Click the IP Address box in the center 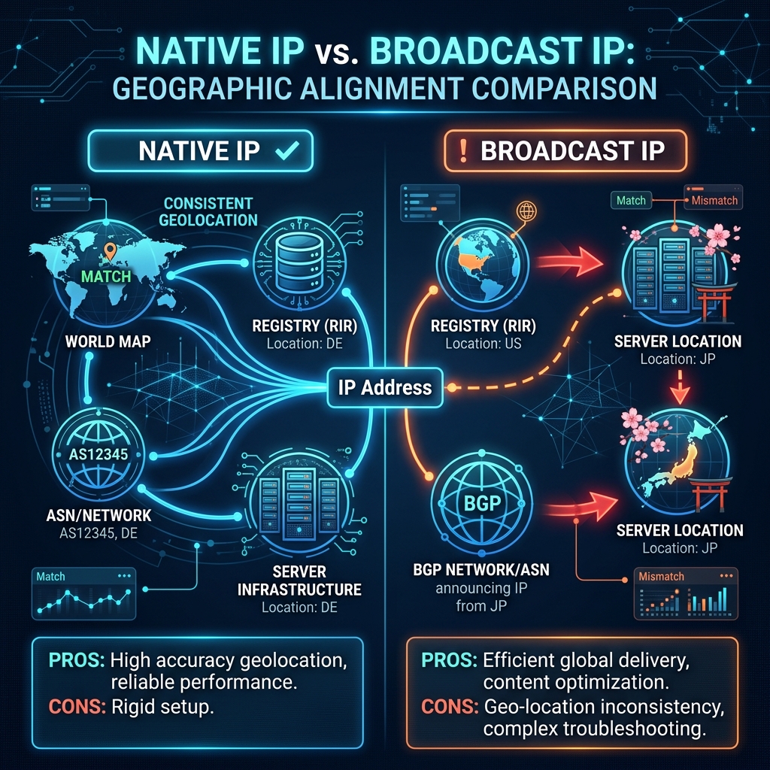pos(385,387)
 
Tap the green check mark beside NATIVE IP pos(287,150)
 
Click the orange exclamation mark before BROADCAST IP pos(462,150)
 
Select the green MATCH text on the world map pos(106,277)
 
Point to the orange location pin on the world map pos(110,251)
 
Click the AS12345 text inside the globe pos(99,454)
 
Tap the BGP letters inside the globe pos(482,503)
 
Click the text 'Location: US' pos(484,344)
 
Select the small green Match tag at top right pos(631,200)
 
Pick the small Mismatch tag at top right pos(714,200)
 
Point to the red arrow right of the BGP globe pos(582,507)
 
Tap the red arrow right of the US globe pos(570,261)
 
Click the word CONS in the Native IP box pos(77,707)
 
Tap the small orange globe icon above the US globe pos(526,211)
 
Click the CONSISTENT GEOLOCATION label pos(208,211)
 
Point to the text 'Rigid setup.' pos(162,707)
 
